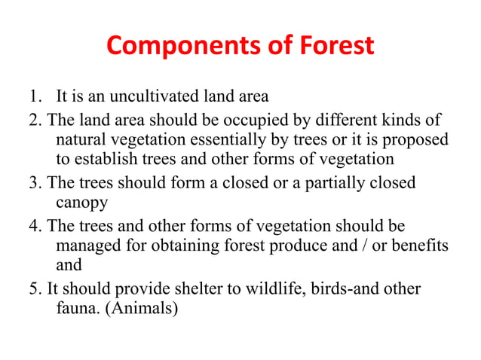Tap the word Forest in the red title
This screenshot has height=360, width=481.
click(x=334, y=47)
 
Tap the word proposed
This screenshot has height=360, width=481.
click(x=415, y=139)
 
